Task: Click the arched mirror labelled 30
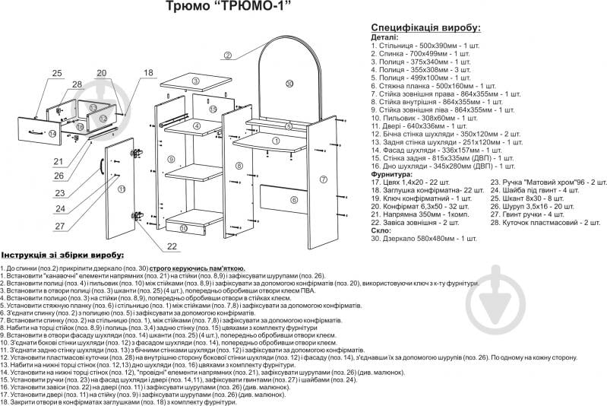pos(289,84)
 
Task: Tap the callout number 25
pos(57,73)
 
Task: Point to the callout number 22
pos(172,246)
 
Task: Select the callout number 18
pos(147,73)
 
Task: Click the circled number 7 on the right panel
pos(323,179)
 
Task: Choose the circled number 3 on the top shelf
pos(195,81)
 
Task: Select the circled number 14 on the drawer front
pos(52,134)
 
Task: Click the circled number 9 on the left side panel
pos(172,159)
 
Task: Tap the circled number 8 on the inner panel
pos(239,166)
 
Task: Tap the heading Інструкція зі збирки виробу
pos(63,255)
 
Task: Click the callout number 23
pos(60,193)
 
